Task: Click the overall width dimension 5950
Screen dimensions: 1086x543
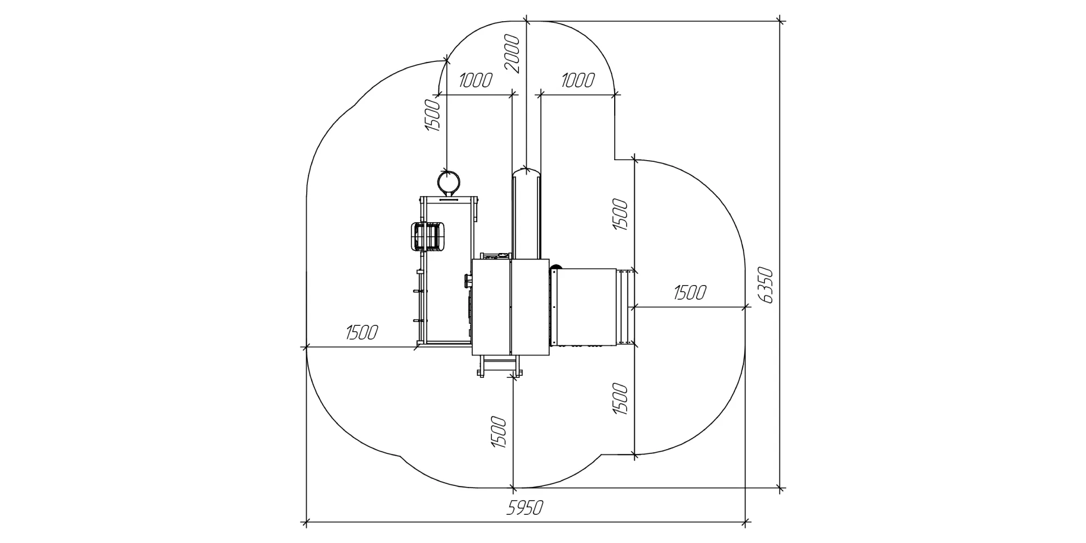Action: [525, 508]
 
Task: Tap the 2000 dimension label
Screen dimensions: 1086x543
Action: [512, 54]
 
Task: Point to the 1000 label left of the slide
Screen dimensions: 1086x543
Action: [476, 80]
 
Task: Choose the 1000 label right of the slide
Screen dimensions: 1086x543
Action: [578, 80]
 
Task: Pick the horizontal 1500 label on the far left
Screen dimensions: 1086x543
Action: [362, 332]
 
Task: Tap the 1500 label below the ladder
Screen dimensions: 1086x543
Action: [498, 432]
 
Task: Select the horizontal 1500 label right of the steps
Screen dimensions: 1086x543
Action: [690, 293]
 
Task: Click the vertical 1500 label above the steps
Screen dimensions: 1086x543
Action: [620, 215]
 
